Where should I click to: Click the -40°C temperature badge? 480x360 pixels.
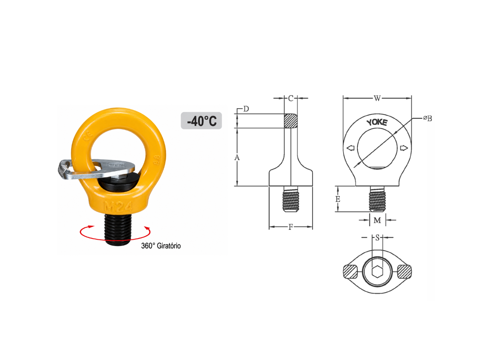[201, 121]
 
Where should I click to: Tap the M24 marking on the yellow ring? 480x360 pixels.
[118, 207]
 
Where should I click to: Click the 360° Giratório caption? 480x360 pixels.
[161, 246]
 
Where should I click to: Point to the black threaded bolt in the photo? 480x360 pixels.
[118, 229]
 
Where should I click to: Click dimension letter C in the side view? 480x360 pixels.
[291, 98]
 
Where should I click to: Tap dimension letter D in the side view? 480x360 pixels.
[246, 109]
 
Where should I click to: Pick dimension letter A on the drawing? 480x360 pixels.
[237, 157]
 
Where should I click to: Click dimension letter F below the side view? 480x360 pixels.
[291, 227]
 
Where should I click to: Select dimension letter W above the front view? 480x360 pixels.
[377, 98]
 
